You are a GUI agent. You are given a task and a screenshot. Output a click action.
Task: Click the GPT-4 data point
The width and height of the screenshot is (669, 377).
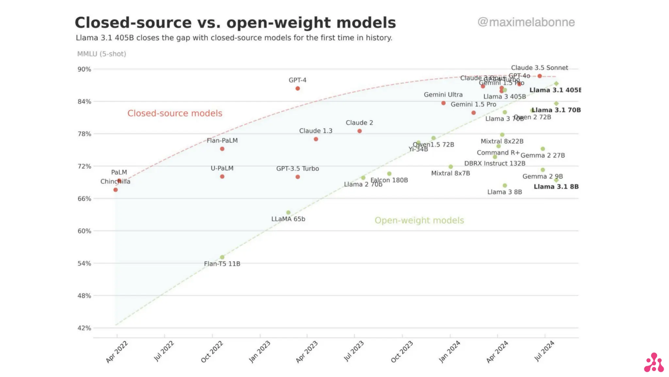298,88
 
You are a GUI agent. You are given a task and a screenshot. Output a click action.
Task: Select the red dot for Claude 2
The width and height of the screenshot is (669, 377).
359,131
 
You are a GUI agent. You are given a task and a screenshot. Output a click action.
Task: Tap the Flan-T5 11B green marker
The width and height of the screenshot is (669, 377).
222,257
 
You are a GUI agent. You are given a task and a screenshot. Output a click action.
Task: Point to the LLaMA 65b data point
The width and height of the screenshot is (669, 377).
288,212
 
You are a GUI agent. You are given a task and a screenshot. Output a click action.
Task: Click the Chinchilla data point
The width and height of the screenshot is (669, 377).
115,190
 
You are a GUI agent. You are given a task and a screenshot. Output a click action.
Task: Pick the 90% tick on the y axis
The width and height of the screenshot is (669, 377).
84,69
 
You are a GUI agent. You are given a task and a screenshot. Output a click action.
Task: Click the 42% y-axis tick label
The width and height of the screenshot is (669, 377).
84,328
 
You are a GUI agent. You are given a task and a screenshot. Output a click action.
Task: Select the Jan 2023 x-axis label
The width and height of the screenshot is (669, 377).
260,351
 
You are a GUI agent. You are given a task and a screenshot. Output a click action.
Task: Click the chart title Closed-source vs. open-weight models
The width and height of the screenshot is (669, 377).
235,23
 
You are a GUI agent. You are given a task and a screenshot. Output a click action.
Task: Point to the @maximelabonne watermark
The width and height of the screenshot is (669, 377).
526,22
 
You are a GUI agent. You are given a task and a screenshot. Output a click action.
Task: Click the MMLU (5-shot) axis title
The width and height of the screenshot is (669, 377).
102,54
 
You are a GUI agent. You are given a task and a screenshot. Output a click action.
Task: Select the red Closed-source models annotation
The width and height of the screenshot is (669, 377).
175,113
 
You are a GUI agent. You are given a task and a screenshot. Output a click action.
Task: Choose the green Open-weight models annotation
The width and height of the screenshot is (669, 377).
419,220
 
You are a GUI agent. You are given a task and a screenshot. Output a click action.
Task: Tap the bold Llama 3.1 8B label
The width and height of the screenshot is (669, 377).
556,187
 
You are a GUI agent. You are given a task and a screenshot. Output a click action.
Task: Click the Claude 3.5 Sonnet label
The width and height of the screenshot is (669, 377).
539,68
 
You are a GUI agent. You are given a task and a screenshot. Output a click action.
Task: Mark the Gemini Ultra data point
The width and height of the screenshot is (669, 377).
443,103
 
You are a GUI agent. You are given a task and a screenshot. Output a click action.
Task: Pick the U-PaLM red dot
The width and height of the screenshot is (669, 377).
222,177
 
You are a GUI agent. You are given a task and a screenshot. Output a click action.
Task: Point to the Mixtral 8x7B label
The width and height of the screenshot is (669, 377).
450,173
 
